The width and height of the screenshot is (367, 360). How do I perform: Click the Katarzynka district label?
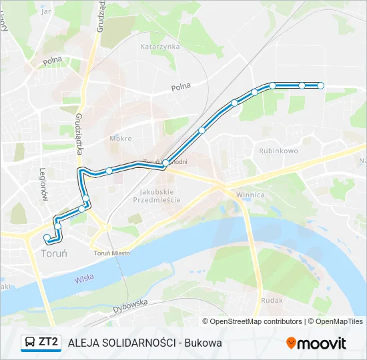pyautogui.click(x=160, y=47)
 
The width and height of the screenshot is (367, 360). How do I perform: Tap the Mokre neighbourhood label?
pyautogui.click(x=120, y=139)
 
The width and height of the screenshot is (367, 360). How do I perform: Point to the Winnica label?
pyautogui.click(x=250, y=195)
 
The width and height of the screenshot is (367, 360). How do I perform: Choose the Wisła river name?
pyautogui.click(x=84, y=279)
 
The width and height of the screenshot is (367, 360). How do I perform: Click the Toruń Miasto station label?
pyautogui.click(x=111, y=253)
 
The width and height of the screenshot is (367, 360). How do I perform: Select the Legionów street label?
pyautogui.click(x=43, y=184)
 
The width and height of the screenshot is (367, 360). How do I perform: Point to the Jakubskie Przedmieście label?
pyautogui.click(x=153, y=195)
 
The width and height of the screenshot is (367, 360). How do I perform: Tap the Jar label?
pyautogui.click(x=46, y=11)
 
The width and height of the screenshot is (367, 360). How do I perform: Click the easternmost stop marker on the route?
pyautogui.click(x=320, y=85)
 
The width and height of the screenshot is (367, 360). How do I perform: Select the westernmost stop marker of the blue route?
pyautogui.click(x=47, y=237)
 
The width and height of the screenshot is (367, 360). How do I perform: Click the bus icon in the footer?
pyautogui.click(x=30, y=343)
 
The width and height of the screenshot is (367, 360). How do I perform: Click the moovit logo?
pyautogui.click(x=316, y=343)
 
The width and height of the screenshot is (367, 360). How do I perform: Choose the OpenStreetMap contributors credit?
pyautogui.click(x=256, y=321)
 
